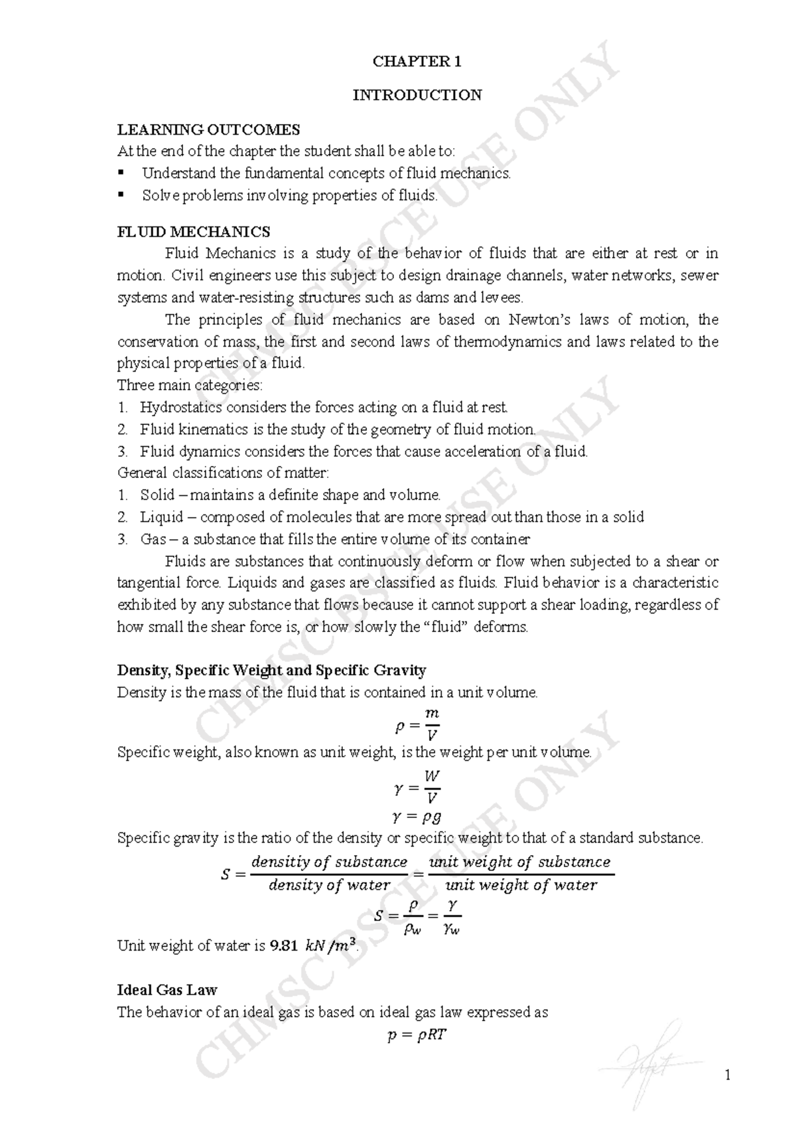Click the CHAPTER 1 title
point(417,62)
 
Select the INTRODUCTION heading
point(417,95)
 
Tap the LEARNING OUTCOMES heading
point(208,129)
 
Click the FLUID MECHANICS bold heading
point(194,232)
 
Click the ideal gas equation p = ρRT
point(417,1035)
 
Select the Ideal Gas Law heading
point(167,990)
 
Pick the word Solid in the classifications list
point(157,495)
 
